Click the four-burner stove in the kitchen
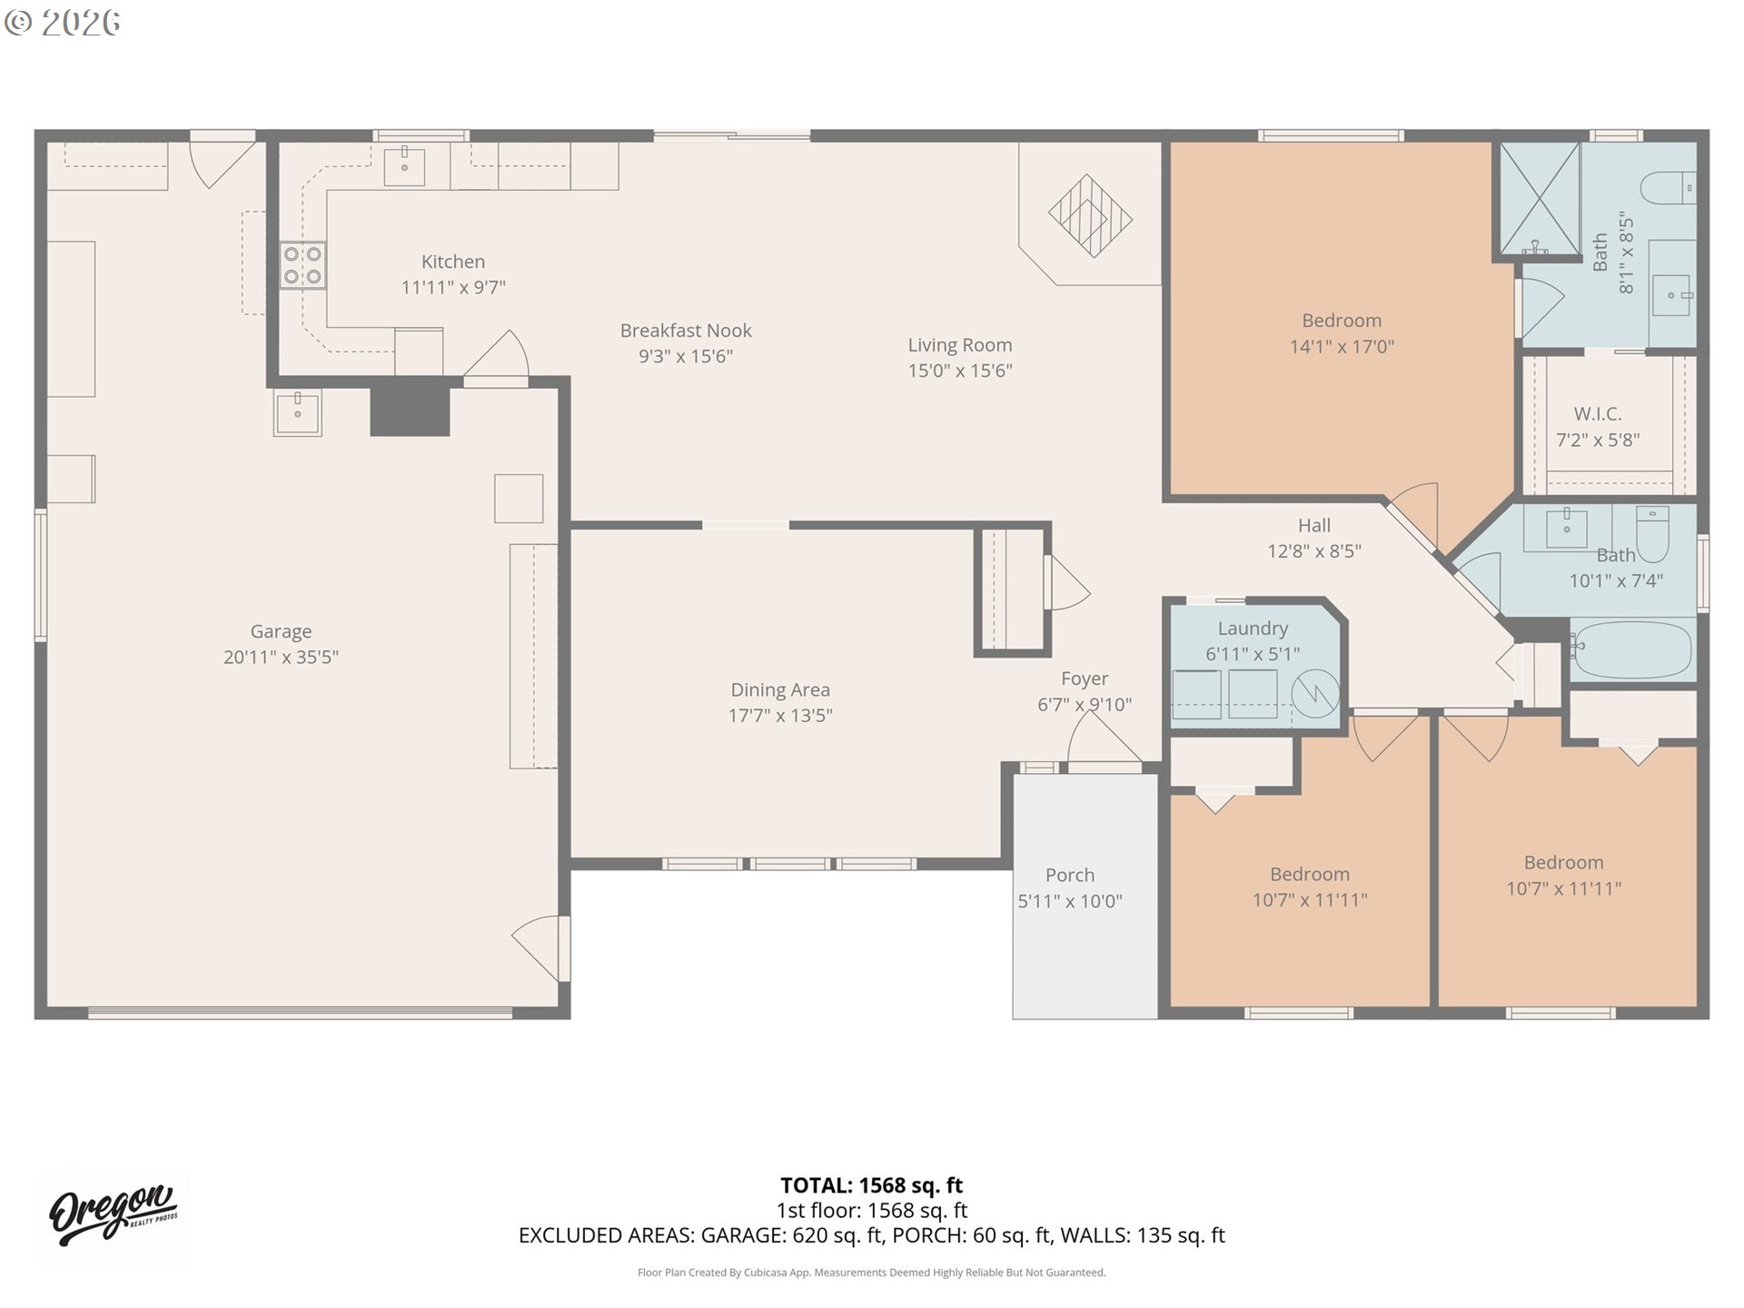(302, 265)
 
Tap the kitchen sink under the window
(404, 166)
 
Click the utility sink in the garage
(297, 412)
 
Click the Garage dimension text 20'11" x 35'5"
(281, 657)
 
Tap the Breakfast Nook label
(686, 331)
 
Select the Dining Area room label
(780, 689)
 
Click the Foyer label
(1085, 679)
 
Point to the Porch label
(1069, 875)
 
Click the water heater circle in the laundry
(1314, 694)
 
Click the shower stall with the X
(1539, 197)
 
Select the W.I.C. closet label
(1598, 414)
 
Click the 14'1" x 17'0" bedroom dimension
(1341, 346)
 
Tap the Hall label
(1313, 525)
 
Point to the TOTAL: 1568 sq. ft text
(871, 1185)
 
